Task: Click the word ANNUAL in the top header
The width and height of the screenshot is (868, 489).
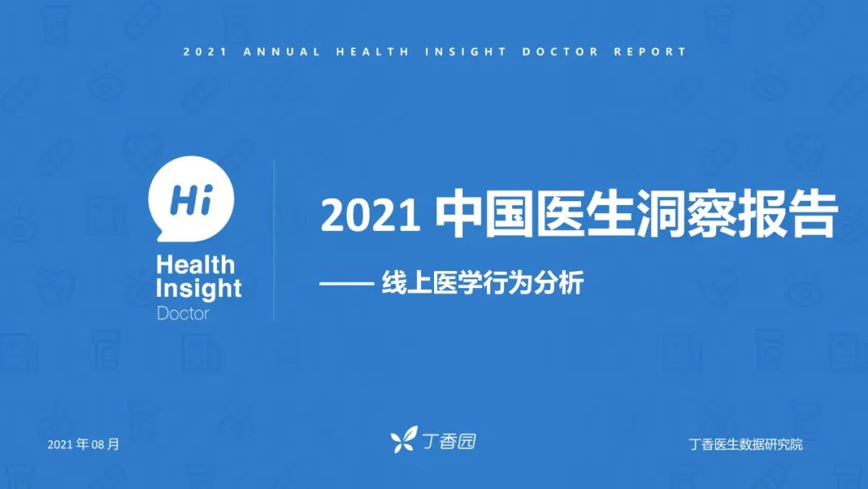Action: [x=282, y=52]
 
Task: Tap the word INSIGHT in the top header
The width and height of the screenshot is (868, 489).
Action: [x=465, y=52]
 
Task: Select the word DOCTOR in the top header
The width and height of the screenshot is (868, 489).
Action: [x=560, y=52]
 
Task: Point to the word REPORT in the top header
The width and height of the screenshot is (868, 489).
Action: [x=650, y=52]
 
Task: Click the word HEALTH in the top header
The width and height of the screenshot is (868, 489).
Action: [x=373, y=52]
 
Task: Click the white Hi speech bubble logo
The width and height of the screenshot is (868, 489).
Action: [x=191, y=199]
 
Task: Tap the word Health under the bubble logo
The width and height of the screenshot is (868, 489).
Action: [x=195, y=265]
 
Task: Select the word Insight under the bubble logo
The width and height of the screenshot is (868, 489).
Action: [x=199, y=288]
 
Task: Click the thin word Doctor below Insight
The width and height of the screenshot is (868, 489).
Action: [x=183, y=314]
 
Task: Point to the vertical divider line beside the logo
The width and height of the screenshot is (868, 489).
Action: [x=274, y=239]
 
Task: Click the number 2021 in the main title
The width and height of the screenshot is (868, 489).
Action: [x=371, y=216]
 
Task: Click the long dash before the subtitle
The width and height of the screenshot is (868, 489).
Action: [x=346, y=284]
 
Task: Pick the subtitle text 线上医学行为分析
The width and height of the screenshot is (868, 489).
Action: [x=483, y=283]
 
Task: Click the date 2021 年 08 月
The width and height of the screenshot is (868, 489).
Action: [x=84, y=444]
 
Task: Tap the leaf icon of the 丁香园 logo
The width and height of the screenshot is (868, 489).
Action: [x=403, y=440]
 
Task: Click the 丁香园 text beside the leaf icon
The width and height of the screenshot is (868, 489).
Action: [x=449, y=441]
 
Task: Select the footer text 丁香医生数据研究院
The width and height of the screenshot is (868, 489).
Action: [x=746, y=444]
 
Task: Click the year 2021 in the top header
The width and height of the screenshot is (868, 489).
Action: [x=205, y=52]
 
